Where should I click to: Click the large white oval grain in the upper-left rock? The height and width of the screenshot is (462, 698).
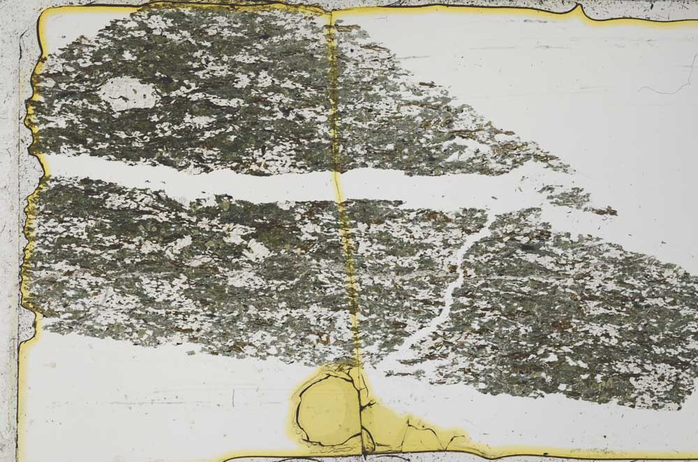pos(128,94)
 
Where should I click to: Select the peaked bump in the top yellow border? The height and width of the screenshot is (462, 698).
pos(578,9)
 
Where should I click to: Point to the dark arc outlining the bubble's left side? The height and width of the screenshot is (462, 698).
pos(296,411)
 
